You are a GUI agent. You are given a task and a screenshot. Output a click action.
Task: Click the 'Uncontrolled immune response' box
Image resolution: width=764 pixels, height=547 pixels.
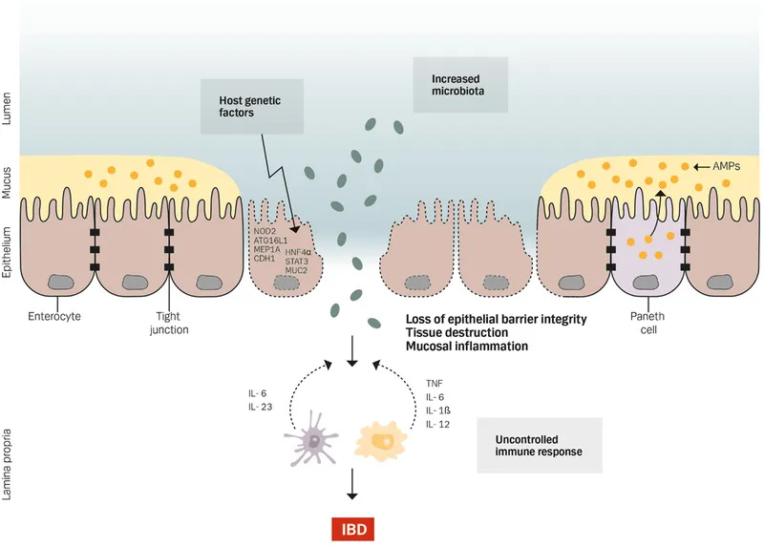(539, 445)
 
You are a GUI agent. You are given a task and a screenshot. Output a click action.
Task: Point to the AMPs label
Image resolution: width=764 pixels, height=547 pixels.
(729, 166)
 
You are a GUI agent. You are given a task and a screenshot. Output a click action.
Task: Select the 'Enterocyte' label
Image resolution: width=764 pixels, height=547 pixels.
(56, 316)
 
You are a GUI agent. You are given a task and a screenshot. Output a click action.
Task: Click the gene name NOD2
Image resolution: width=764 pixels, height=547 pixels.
(265, 232)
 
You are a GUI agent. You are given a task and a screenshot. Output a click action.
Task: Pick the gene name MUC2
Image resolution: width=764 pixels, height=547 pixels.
(298, 270)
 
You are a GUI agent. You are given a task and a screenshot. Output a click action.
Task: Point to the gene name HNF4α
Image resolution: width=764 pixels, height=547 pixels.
(301, 250)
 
